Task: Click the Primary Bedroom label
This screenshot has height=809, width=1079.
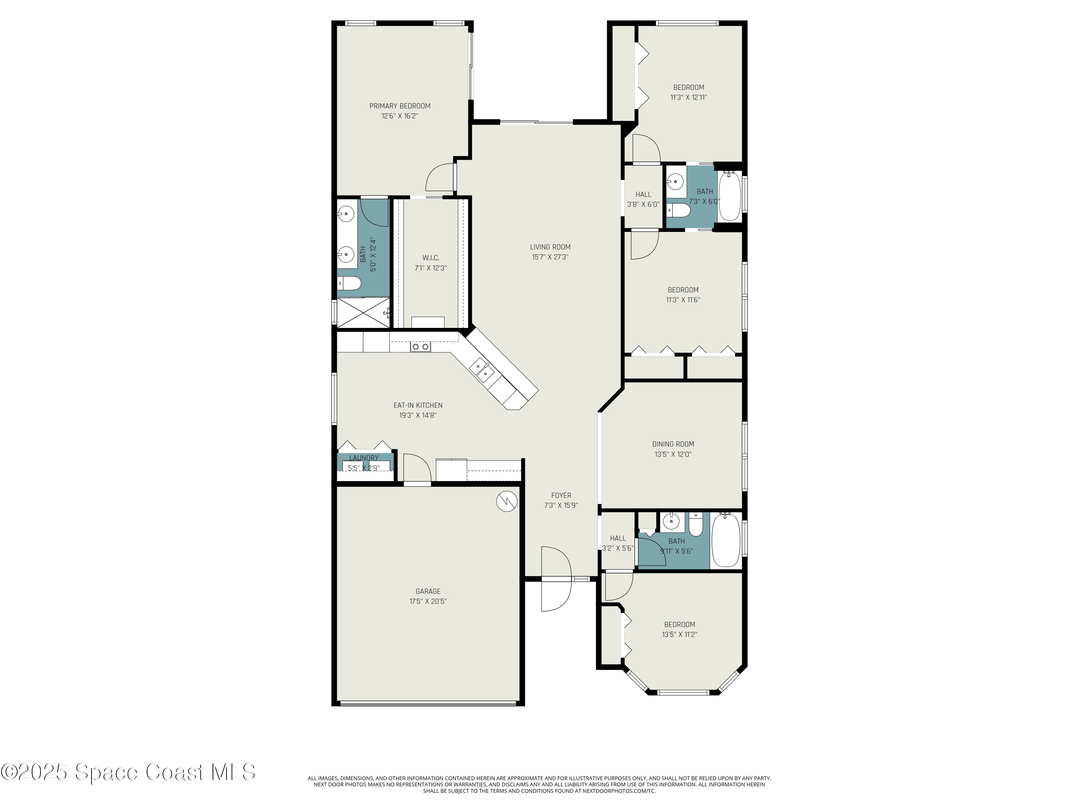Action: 400,106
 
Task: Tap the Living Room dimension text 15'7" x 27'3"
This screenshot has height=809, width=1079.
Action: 550,257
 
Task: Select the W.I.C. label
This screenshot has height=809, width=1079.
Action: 431,257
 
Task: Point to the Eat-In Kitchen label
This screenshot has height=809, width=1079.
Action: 418,405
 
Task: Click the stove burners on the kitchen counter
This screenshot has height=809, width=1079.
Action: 420,347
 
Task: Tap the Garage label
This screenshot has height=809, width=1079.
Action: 428,591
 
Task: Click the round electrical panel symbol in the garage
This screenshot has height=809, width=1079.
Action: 507,501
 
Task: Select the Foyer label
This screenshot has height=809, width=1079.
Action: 561,495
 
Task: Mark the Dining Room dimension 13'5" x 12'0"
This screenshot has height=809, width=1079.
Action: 673,454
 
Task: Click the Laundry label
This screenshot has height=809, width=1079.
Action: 364,458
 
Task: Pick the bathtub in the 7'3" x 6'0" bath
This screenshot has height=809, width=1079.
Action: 730,196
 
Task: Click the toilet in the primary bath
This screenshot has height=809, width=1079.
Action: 349,283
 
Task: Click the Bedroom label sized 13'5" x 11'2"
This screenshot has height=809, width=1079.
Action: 679,625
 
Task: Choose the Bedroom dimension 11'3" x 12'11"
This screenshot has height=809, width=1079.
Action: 689,97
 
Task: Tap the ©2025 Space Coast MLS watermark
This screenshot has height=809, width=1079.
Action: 128,772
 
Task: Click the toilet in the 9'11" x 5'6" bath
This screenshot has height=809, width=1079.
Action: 696,525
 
